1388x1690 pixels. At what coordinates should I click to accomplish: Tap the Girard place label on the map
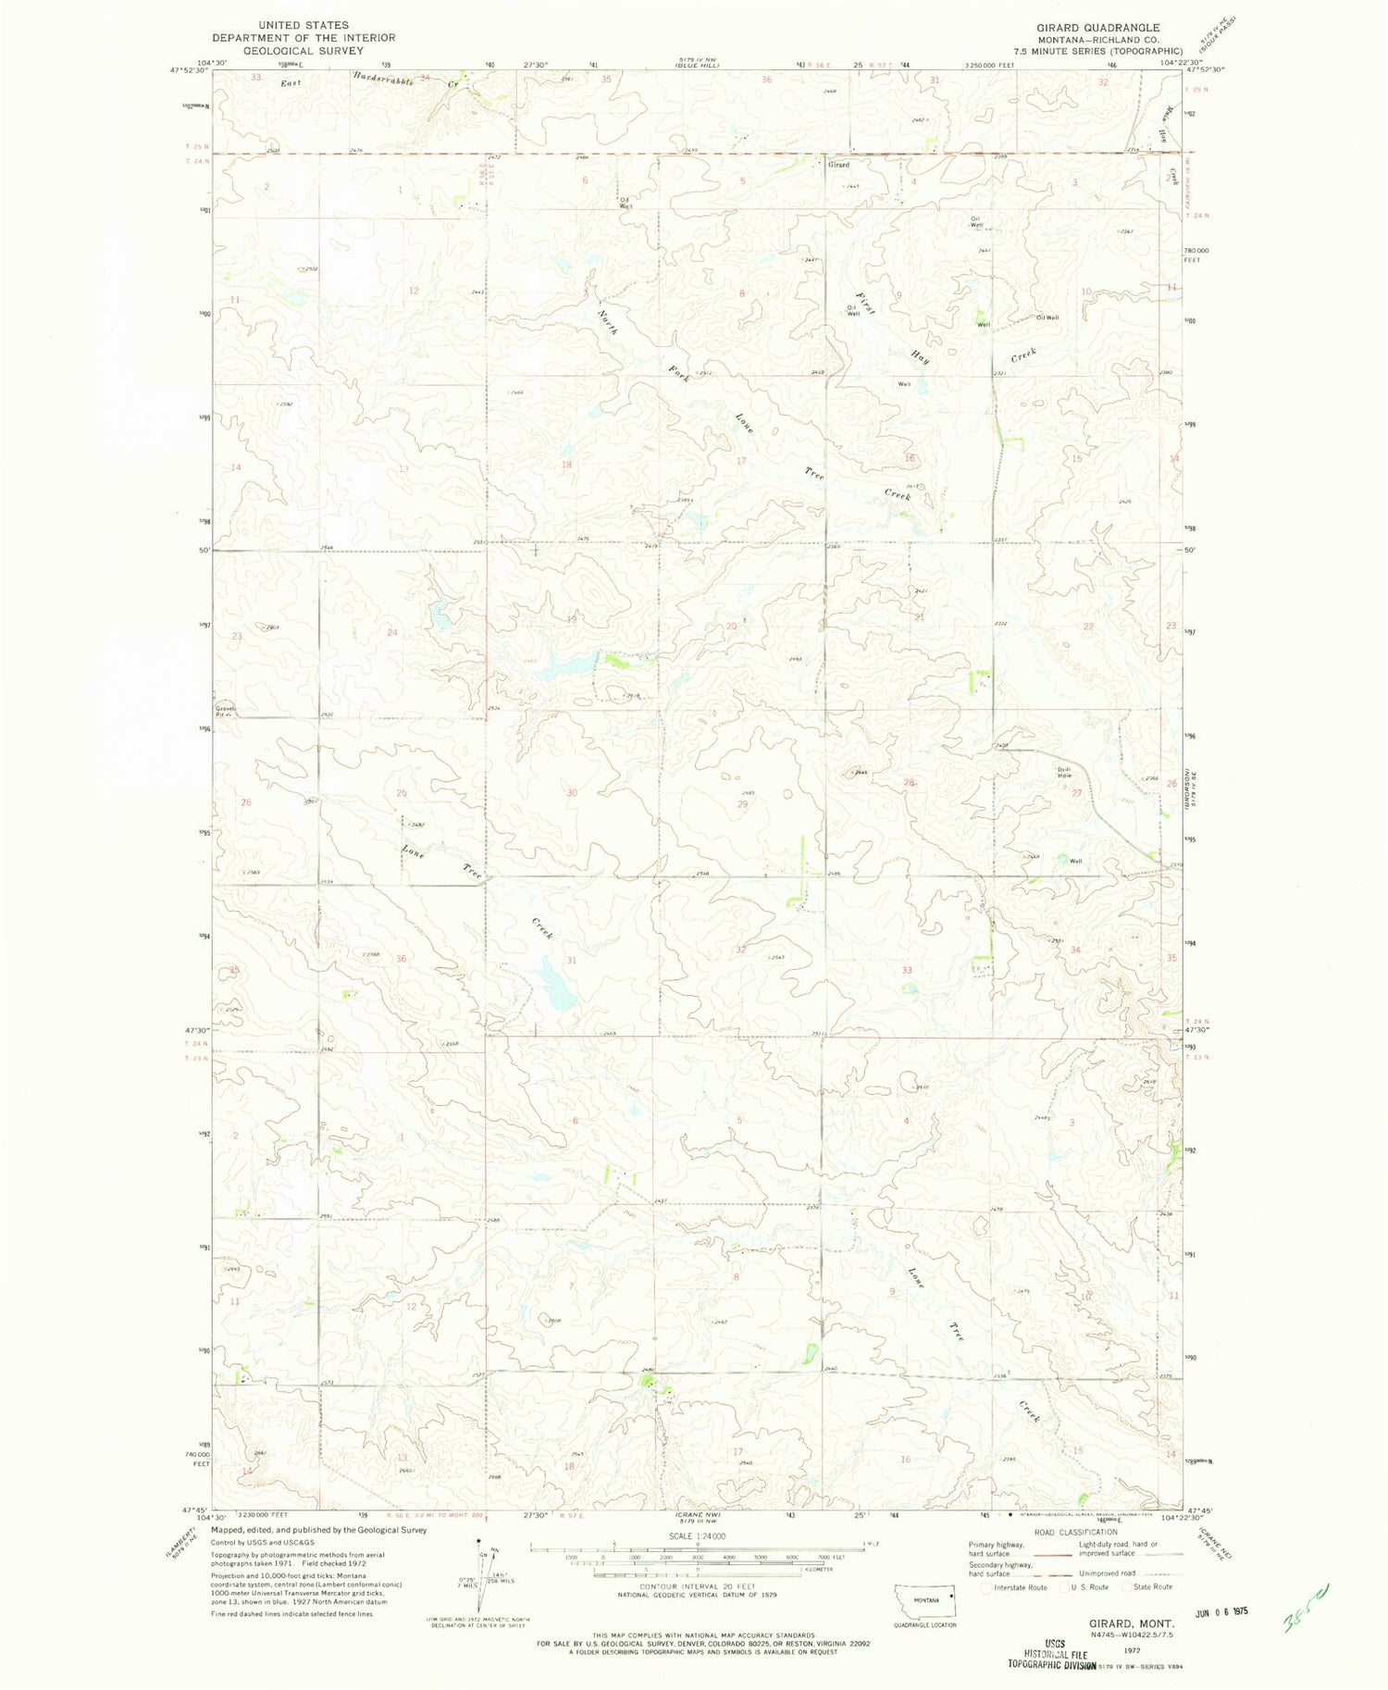tap(838, 165)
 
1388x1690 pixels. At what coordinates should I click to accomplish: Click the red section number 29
tap(742, 804)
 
